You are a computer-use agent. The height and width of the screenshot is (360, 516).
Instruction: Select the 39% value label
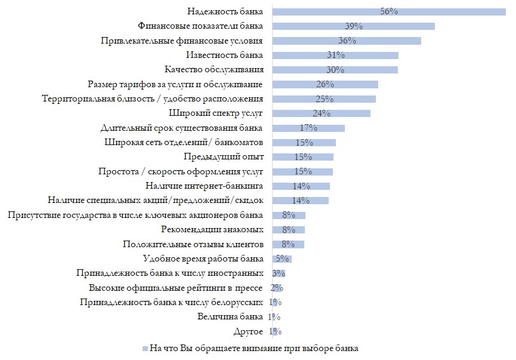click(x=354, y=26)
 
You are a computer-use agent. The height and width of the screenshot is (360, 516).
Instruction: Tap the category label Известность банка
click(x=224, y=55)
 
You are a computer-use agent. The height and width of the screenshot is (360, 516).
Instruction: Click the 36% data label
click(x=347, y=41)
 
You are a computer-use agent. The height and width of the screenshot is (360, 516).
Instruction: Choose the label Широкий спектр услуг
click(x=217, y=113)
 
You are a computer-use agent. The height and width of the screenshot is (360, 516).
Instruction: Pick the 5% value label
click(x=282, y=259)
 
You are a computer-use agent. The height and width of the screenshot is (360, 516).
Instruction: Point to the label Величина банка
click(x=230, y=316)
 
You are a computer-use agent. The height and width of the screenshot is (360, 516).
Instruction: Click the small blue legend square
click(x=144, y=348)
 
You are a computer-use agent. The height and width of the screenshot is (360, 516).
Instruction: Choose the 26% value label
click(x=326, y=84)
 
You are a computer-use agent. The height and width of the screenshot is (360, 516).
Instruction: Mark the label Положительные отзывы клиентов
click(x=193, y=244)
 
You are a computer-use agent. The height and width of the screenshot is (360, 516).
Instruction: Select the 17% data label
click(x=308, y=128)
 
